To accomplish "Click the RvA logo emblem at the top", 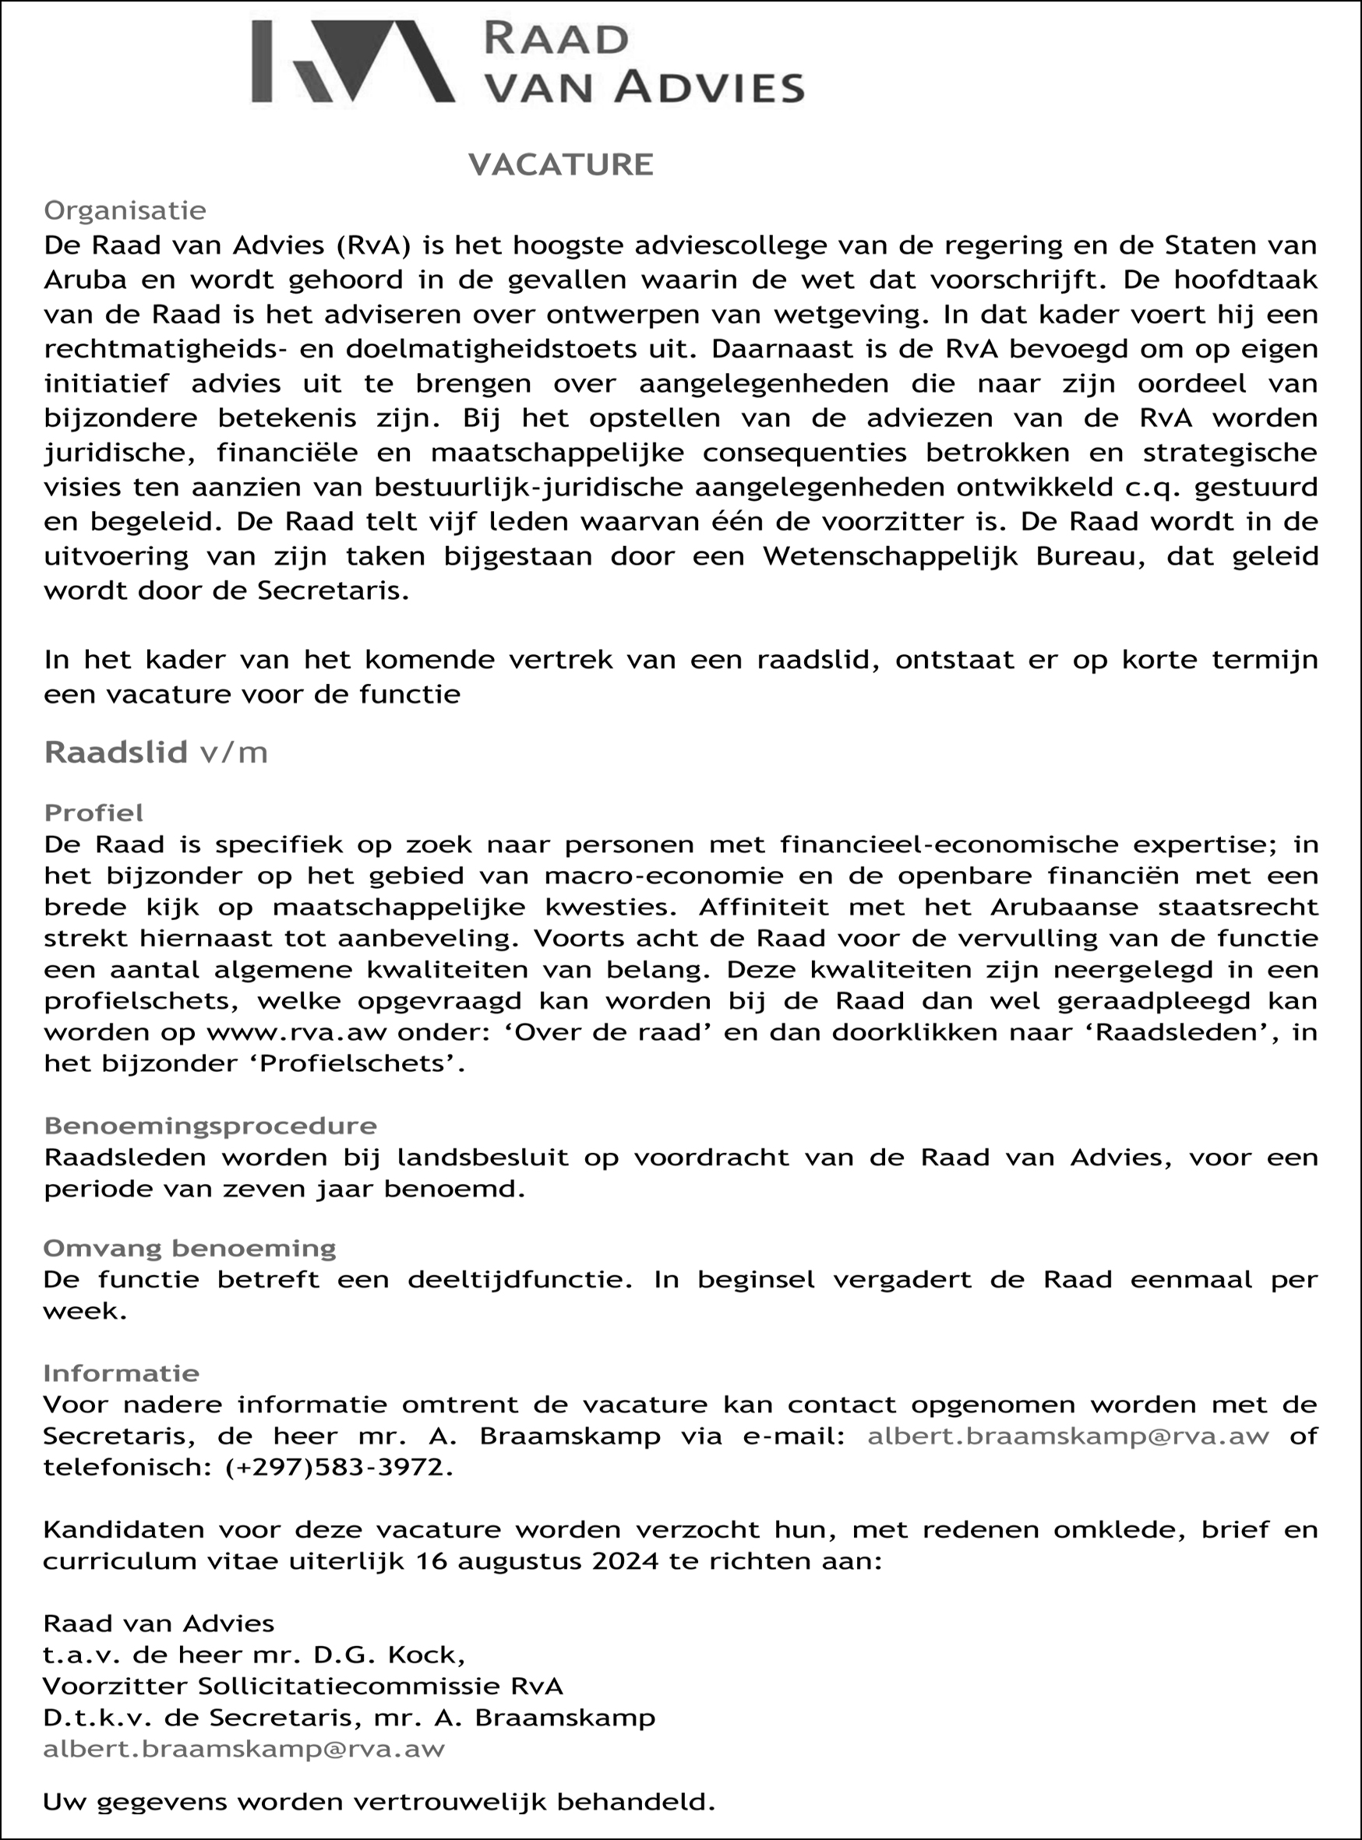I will tap(353, 62).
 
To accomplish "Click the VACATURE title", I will tap(561, 165).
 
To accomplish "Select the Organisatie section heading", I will tap(125, 211).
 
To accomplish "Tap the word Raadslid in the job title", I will tap(116, 753).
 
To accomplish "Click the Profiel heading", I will tap(94, 812).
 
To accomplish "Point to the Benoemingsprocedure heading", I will tap(210, 1126).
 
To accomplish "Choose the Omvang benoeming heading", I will tap(189, 1248).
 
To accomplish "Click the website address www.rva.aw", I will tap(298, 1032).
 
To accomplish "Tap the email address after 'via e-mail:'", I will tap(1067, 1436).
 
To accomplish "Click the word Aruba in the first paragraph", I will tap(85, 280).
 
